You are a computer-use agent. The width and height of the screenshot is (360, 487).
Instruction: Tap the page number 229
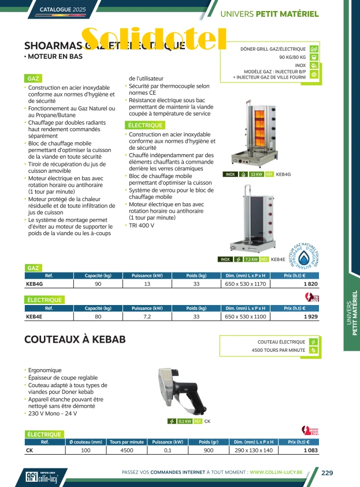click(x=327, y=473)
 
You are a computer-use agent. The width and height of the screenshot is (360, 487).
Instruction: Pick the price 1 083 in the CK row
click(x=310, y=450)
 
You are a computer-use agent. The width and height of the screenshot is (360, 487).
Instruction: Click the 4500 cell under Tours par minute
click(x=127, y=450)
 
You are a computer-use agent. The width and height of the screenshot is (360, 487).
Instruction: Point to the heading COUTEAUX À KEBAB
click(x=75, y=340)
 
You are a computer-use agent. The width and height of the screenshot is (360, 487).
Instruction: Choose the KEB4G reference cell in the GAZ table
click(x=35, y=284)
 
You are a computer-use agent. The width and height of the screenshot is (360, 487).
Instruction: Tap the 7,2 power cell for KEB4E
click(x=147, y=317)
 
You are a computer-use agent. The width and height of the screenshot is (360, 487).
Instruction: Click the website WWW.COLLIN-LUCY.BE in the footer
click(x=283, y=473)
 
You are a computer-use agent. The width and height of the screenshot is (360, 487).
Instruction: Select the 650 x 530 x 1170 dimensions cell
click(x=246, y=284)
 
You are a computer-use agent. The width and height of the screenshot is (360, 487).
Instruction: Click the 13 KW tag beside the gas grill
click(x=255, y=174)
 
